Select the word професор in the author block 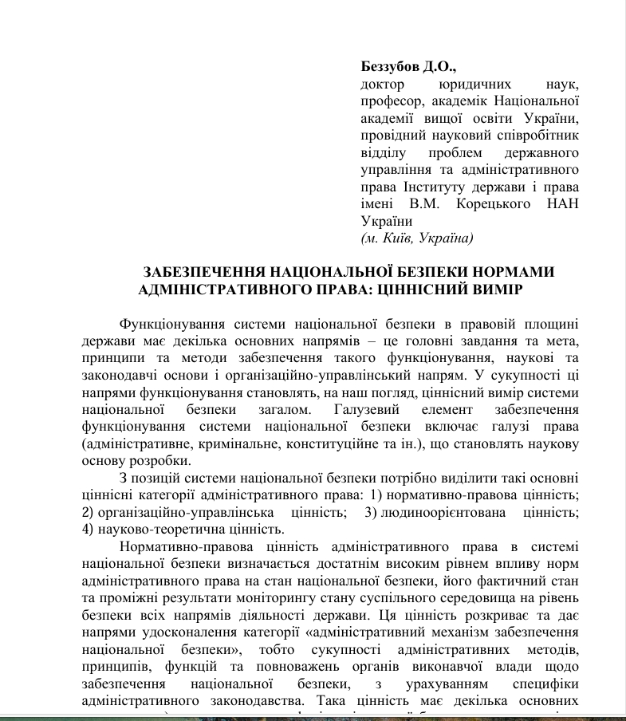click(390, 101)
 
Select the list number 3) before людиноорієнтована click(371, 512)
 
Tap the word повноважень click(296, 666)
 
